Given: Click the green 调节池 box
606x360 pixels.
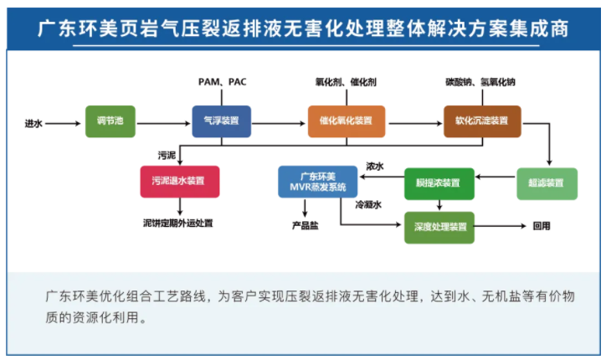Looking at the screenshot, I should (110, 121).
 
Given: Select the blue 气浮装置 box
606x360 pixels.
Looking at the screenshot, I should (221, 121).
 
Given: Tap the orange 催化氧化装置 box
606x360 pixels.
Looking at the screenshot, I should (346, 121).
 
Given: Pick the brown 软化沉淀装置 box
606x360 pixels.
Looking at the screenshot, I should (481, 121).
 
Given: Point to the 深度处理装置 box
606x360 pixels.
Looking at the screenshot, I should (440, 226).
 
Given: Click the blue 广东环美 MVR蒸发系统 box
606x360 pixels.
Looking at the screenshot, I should (312, 182).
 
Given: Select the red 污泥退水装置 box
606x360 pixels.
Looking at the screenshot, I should (179, 182).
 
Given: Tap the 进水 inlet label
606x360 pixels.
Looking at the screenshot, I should (33, 123).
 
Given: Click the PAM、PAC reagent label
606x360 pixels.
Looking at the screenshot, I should (222, 81).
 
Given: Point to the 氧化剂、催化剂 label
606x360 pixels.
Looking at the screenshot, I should (346, 81).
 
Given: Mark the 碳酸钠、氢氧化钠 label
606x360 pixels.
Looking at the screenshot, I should (480, 81).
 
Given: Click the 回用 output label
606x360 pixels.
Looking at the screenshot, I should (542, 226).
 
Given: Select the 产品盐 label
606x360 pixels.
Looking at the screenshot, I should (304, 225).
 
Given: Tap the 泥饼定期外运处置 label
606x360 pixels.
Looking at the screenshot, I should (178, 224).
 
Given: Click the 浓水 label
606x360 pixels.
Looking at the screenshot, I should (374, 167).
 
